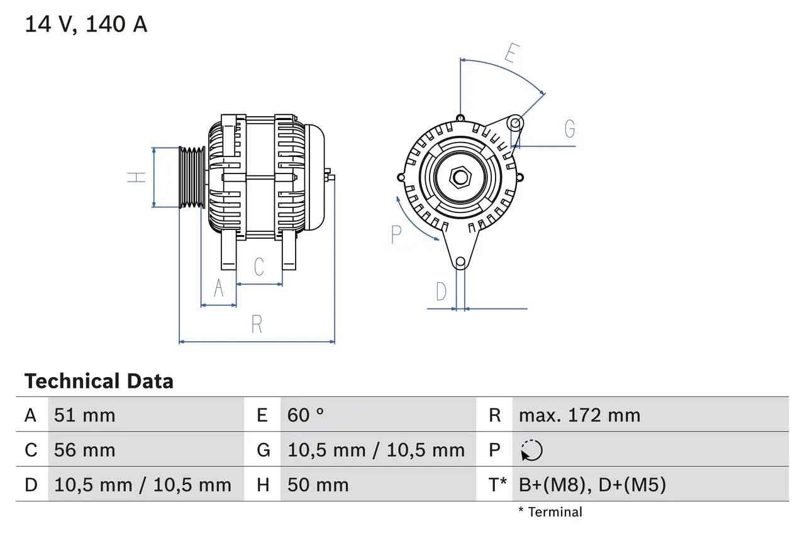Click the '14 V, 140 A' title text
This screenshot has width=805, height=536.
86,25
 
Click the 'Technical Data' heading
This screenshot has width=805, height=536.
99,381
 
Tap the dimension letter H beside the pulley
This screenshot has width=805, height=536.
136,177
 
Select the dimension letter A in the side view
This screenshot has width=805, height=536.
219,288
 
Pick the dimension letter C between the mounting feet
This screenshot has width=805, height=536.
258,266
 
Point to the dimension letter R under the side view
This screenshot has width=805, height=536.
257,324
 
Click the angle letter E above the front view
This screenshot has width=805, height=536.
511,54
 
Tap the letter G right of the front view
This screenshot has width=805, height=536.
569,129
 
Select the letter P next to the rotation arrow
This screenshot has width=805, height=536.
396,234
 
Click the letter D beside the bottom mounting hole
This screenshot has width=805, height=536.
441,292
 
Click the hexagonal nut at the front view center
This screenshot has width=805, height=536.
460,178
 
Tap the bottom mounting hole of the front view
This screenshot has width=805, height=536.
460,261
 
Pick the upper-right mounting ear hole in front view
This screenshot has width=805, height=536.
515,122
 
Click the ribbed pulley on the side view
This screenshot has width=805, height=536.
192,177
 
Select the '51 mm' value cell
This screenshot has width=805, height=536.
85,415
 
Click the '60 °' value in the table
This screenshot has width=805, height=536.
306,415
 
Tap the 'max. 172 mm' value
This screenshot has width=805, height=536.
579,415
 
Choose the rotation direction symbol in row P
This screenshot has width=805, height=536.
531,450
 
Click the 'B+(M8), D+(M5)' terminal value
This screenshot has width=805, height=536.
592,484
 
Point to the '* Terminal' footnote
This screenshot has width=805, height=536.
550,512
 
